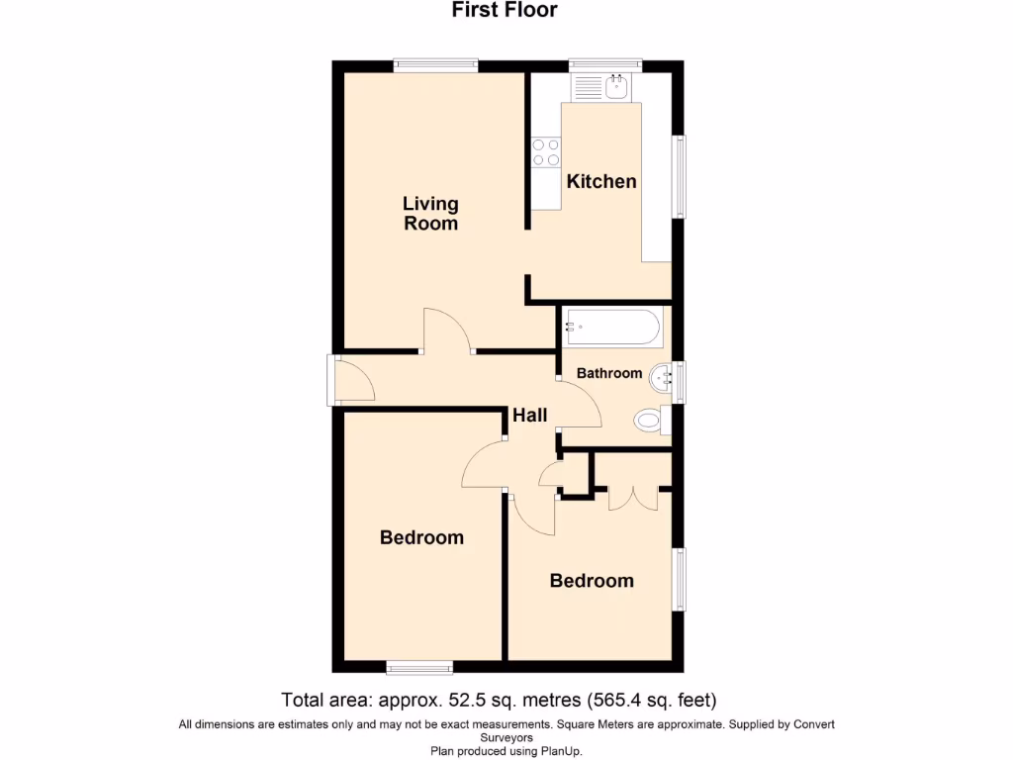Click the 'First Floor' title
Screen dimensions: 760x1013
(505, 11)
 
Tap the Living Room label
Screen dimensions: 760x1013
(430, 213)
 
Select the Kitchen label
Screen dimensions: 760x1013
(601, 181)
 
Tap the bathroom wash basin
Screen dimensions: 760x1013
(662, 375)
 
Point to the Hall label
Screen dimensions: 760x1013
(530, 416)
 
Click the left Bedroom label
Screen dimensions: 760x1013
(421, 537)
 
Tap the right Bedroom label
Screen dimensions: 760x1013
(592, 581)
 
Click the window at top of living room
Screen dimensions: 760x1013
(435, 65)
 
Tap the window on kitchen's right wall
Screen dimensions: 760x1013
(681, 176)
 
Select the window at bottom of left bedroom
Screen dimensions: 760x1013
(419, 668)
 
